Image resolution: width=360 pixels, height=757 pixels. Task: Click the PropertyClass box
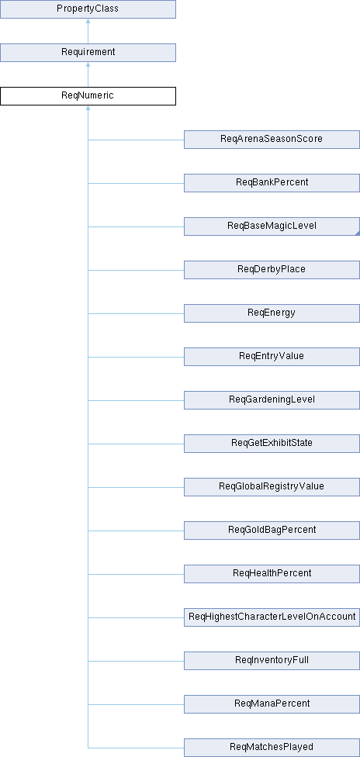click(x=88, y=9)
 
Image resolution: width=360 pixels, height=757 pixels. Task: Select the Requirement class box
click(x=88, y=52)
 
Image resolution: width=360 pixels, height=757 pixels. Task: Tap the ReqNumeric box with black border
click(x=88, y=95)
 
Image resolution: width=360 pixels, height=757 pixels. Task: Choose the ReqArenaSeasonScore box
click(x=272, y=139)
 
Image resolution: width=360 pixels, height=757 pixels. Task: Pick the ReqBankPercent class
click(x=272, y=182)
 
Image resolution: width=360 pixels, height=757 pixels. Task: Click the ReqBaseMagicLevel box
click(x=272, y=226)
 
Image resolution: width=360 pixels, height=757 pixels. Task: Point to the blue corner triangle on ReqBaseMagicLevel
click(x=358, y=233)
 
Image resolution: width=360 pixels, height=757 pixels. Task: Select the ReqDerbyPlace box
click(x=272, y=269)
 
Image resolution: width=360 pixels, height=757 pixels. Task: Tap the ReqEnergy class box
click(x=272, y=313)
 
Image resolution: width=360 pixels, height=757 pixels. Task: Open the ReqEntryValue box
click(x=272, y=356)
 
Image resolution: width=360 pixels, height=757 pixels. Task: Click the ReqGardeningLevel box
click(x=272, y=399)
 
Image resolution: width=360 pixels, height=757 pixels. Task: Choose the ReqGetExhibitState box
click(x=272, y=443)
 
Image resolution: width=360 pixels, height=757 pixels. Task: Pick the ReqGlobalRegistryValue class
click(x=272, y=486)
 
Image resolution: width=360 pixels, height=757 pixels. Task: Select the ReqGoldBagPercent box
click(x=272, y=530)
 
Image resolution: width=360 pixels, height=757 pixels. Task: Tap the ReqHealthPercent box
click(x=272, y=573)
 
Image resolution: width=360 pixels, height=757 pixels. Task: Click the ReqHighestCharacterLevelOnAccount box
click(x=272, y=617)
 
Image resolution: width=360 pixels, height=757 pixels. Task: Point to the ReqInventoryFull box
click(x=272, y=661)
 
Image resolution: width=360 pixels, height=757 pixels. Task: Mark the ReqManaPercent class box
click(x=272, y=704)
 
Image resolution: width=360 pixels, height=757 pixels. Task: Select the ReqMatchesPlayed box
click(x=272, y=748)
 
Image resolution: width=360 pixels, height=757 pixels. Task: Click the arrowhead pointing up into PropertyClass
click(x=88, y=22)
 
